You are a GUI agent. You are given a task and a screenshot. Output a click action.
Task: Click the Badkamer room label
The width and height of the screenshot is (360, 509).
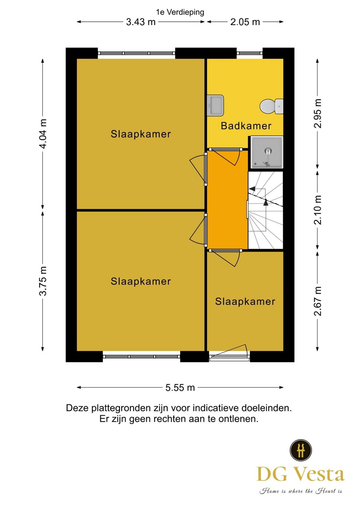click(246, 126)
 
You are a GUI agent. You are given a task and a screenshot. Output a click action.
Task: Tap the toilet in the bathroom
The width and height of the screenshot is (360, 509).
click(271, 106)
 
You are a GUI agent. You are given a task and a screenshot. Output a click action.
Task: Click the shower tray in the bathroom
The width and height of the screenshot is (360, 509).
click(267, 152)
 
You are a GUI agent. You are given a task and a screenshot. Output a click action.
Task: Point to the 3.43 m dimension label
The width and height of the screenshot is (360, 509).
click(141, 22)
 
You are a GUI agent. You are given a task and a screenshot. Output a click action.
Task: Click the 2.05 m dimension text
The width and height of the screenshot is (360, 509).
click(245, 22)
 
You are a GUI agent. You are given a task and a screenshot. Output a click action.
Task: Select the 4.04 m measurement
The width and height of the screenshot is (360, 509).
click(43, 134)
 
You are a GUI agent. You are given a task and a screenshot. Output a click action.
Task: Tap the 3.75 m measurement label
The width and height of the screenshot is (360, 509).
click(43, 281)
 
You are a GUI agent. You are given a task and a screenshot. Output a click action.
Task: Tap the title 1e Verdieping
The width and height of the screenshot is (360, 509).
click(180, 12)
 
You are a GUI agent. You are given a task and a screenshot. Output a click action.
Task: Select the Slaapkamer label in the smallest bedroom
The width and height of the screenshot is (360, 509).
click(245, 302)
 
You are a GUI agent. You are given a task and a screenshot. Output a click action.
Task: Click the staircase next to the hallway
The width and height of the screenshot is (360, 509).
click(266, 210)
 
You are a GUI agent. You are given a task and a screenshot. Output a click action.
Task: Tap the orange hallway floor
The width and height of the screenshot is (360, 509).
click(227, 199)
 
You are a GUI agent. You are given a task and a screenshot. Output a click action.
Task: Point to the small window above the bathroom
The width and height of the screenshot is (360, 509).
click(250, 53)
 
